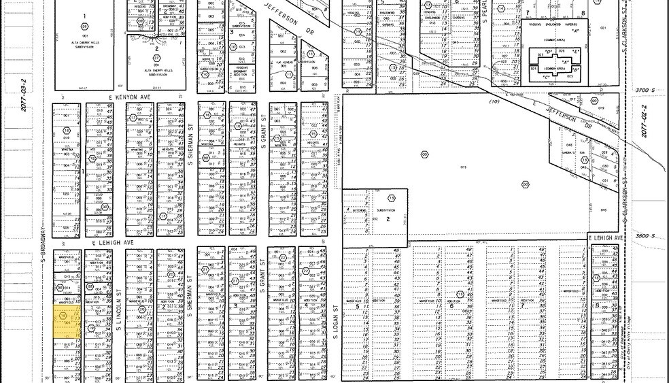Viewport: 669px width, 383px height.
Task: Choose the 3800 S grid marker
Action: click(x=642, y=235)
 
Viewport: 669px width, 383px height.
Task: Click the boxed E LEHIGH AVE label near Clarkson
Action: click(x=606, y=238)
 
